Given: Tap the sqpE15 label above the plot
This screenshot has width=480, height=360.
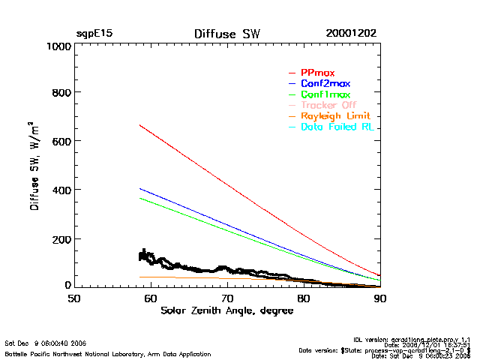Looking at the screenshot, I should (x=94, y=34).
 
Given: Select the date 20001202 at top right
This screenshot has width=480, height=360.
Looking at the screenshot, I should (x=351, y=34).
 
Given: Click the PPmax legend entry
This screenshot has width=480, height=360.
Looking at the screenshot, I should (x=316, y=72).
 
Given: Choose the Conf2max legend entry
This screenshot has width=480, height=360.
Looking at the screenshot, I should (x=325, y=83).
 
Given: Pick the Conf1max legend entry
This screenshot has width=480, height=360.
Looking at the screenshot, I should (x=325, y=94).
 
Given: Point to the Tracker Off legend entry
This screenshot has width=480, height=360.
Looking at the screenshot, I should (x=328, y=105).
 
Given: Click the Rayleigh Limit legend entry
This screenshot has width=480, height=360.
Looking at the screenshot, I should (x=334, y=116).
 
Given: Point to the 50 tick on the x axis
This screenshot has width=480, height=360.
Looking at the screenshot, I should (x=74, y=298).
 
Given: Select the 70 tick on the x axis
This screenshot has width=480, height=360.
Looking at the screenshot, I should (x=227, y=298).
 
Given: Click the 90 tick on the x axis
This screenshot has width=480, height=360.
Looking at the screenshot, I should (x=380, y=298).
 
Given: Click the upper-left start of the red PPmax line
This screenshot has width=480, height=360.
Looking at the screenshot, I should (x=140, y=125).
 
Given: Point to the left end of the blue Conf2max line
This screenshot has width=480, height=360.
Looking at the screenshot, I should (x=140, y=189).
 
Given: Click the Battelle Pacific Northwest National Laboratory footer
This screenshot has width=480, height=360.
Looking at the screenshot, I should (x=108, y=354).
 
